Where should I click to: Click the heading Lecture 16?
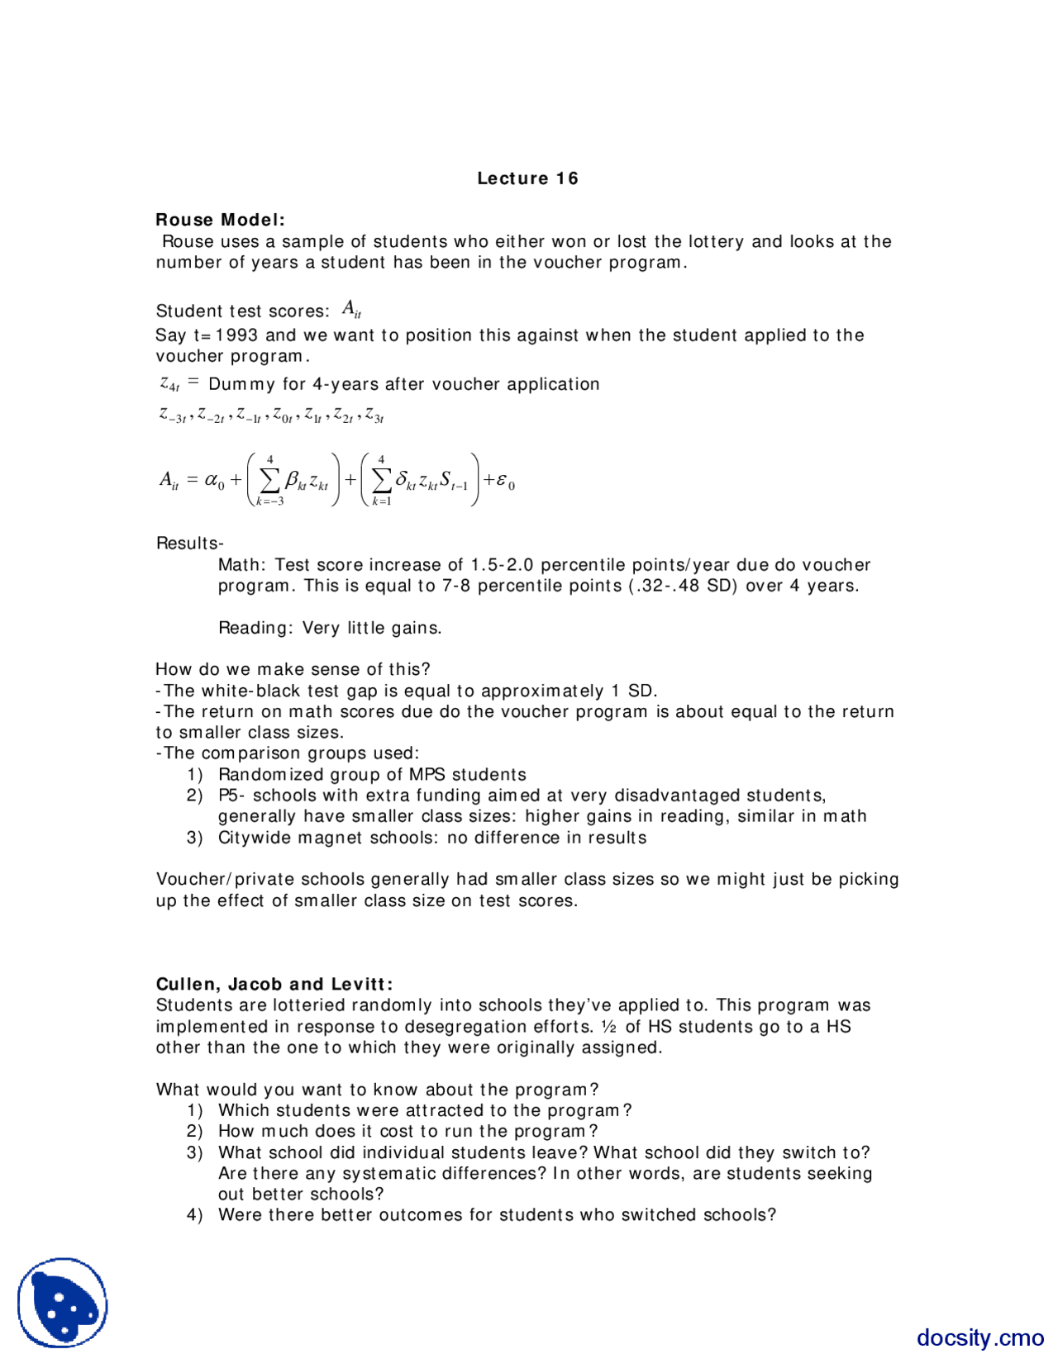click(x=527, y=178)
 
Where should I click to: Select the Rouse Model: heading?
click(x=220, y=220)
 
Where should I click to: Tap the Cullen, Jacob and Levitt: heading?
click(x=274, y=984)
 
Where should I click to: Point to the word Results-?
click(x=189, y=544)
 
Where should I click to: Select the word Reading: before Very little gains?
click(x=255, y=628)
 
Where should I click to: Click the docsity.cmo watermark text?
click(x=979, y=1337)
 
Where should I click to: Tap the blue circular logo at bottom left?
click(x=63, y=1303)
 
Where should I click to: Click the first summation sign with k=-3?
click(x=269, y=480)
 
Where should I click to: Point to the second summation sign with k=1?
click(x=381, y=480)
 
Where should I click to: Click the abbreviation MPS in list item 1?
click(x=428, y=775)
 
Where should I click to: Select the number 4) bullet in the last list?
click(x=194, y=1215)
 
